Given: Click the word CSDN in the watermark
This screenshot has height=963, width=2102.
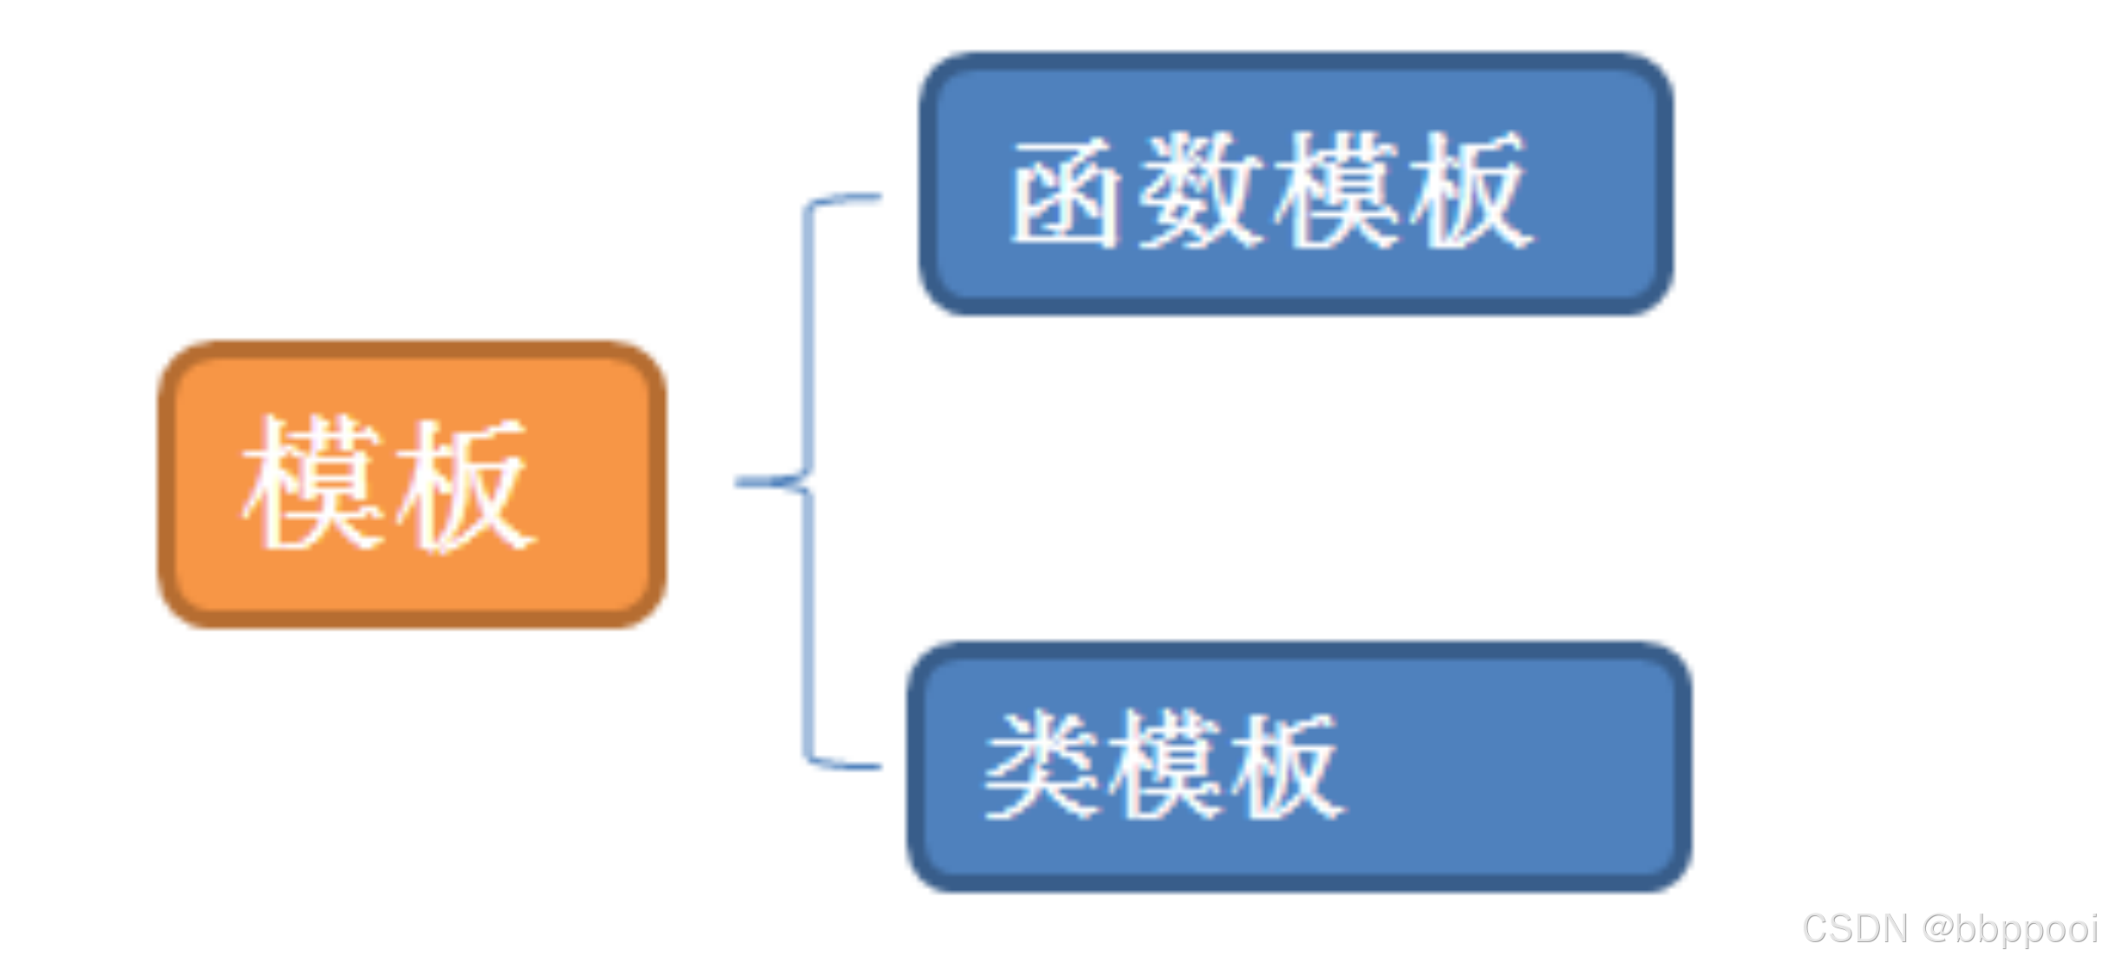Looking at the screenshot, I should (1855, 928).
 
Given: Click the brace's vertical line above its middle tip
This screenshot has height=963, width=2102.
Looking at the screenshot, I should (809, 338).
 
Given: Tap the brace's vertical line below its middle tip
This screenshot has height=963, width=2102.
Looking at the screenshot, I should (809, 624).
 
